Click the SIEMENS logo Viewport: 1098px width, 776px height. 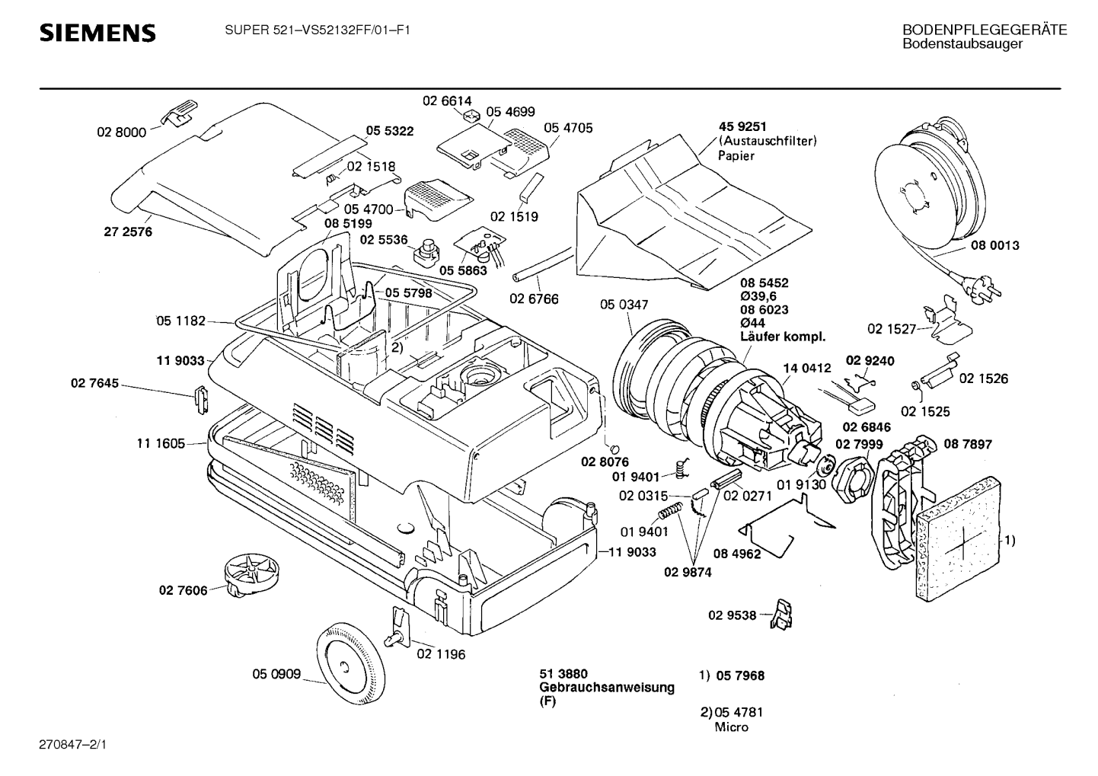[97, 33]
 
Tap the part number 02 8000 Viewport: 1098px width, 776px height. [122, 133]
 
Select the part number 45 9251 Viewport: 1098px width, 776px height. [742, 126]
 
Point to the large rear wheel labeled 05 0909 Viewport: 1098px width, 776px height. [349, 664]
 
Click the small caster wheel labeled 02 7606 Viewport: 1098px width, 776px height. [251, 574]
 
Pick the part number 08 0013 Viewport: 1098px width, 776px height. [995, 245]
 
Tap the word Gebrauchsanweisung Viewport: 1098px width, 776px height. [607, 687]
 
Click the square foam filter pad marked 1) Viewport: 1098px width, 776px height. [959, 539]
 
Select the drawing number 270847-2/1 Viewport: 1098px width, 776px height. [72, 745]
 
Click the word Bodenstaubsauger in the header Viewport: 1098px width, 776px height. [962, 43]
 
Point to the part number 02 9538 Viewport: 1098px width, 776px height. [733, 615]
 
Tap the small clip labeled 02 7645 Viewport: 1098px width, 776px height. [201, 400]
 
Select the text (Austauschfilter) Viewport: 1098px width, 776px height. [768, 141]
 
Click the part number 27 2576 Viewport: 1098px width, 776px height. [128, 232]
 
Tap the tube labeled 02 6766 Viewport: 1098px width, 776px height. [543, 265]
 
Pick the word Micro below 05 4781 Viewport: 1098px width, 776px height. [731, 727]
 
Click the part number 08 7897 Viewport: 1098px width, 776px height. [968, 444]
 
